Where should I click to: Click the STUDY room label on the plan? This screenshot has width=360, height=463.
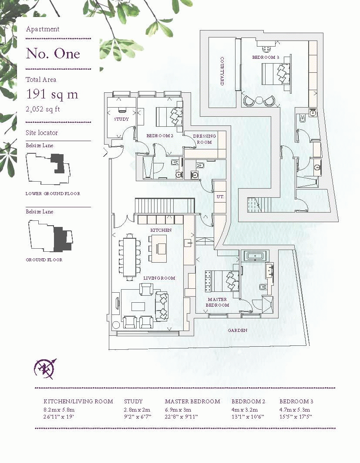[x=121, y=119]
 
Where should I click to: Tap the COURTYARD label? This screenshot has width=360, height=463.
[x=222, y=71]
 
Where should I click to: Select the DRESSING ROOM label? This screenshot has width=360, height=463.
[x=204, y=139]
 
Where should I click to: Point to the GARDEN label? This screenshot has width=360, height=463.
[x=238, y=330]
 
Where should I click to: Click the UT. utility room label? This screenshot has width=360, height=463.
[x=220, y=196]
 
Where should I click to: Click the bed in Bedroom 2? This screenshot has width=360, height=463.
[x=169, y=117]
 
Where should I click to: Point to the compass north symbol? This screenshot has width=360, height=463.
[x=45, y=369]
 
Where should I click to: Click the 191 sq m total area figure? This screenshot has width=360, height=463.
[x=52, y=94]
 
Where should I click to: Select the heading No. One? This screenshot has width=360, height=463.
[x=53, y=54]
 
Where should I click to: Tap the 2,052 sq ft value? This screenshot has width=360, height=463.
[x=43, y=109]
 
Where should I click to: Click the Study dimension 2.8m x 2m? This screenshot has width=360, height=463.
[x=137, y=409]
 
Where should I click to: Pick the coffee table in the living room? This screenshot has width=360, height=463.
[x=138, y=306]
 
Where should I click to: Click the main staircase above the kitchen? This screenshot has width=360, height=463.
[x=165, y=206]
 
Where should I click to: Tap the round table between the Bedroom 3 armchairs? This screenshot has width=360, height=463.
[x=259, y=100]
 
